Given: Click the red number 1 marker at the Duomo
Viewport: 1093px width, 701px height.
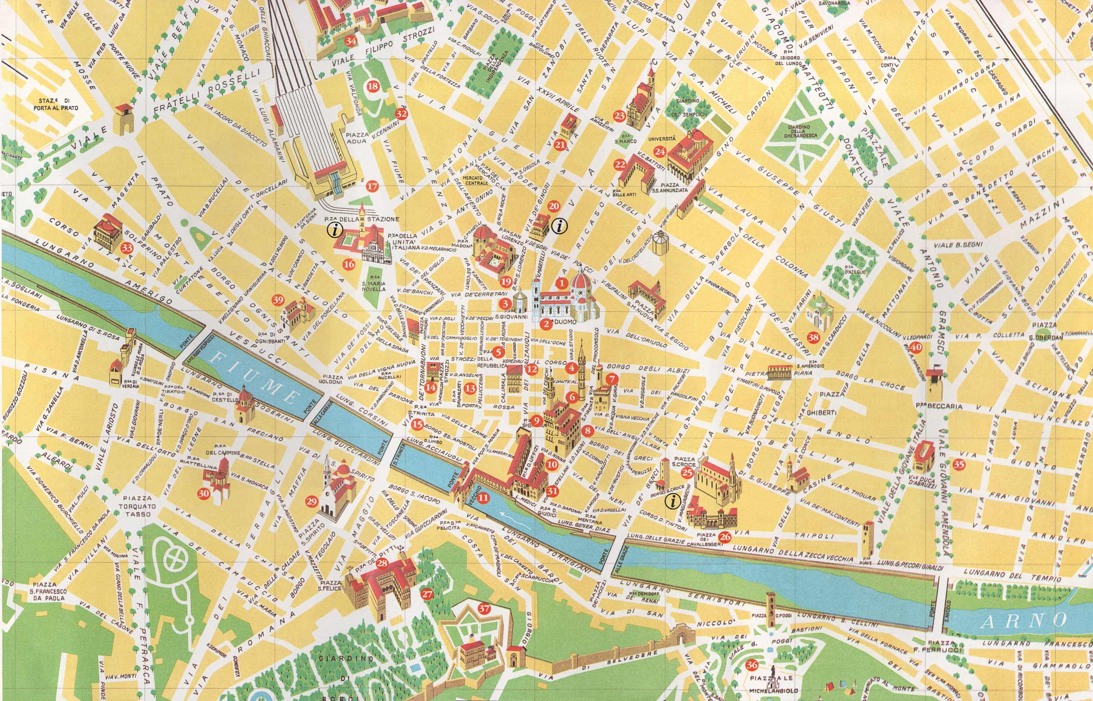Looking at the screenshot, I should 561,283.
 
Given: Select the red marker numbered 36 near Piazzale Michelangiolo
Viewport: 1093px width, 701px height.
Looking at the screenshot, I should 752,665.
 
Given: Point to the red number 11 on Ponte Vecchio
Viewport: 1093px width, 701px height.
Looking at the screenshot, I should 483,498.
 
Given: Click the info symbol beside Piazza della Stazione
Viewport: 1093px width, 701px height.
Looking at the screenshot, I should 335,231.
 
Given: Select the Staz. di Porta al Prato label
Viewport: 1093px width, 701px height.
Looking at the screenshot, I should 56,104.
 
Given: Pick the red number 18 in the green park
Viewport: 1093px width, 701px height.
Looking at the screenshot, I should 372,86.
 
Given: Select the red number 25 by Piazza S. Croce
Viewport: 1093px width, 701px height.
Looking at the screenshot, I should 688,473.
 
